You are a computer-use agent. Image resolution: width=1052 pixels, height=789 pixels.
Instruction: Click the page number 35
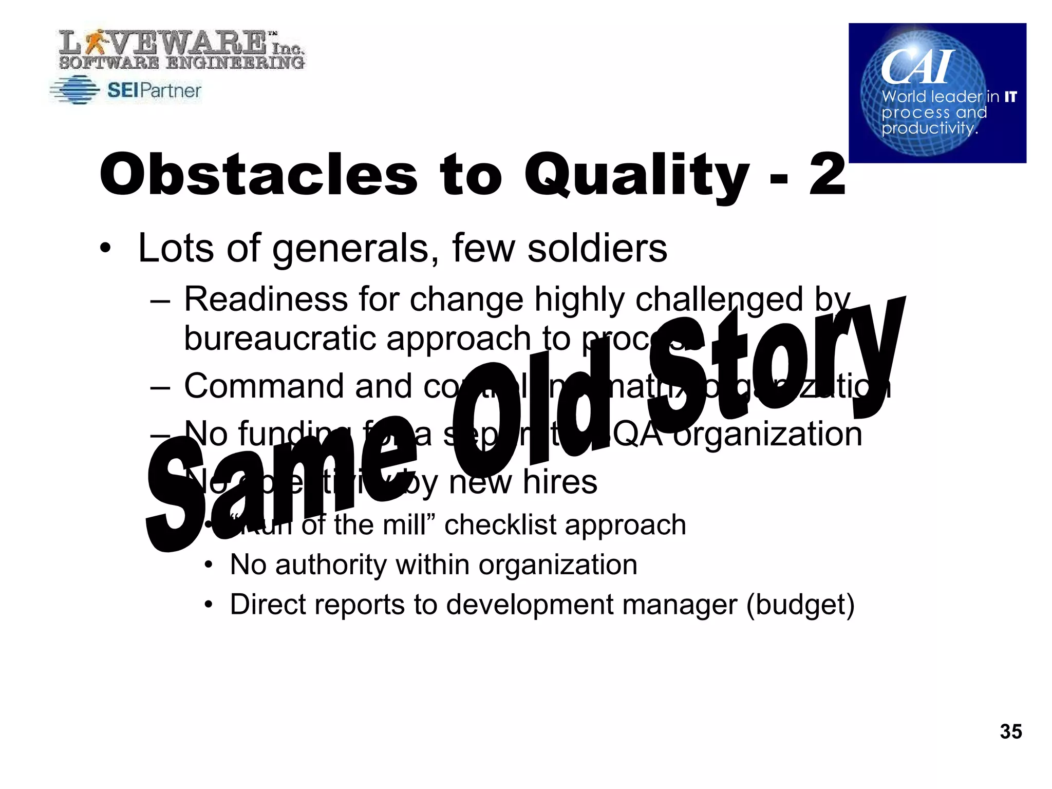pyautogui.click(x=1010, y=731)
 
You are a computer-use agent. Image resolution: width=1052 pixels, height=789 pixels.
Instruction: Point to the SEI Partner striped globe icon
pyautogui.click(x=75, y=90)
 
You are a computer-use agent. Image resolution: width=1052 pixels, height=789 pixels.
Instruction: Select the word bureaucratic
pyautogui.click(x=280, y=339)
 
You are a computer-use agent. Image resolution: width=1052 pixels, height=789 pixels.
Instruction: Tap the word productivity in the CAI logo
pyautogui.click(x=929, y=128)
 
